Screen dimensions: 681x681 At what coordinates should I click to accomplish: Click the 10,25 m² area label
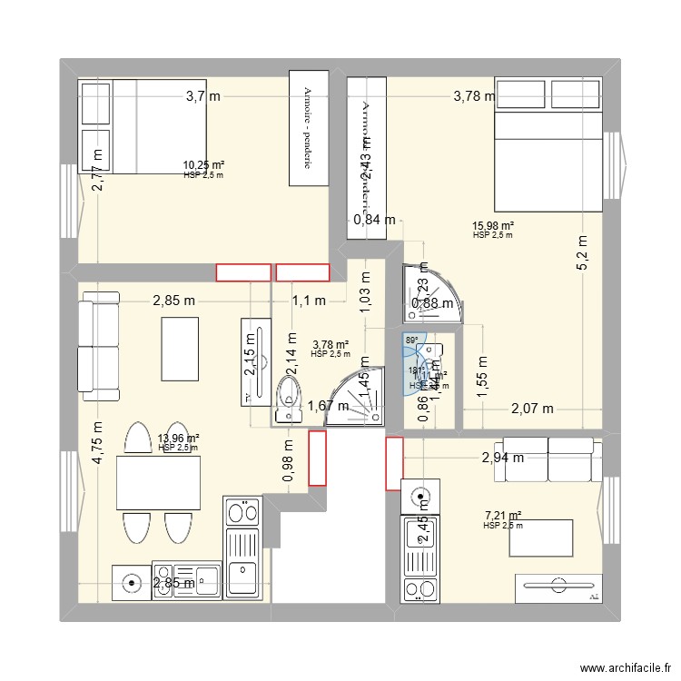(x=203, y=165)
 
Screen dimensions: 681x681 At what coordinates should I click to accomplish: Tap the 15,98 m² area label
(x=493, y=226)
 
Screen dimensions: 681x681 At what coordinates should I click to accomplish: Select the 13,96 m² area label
(x=178, y=439)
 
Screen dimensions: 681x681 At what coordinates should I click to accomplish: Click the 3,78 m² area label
(x=331, y=345)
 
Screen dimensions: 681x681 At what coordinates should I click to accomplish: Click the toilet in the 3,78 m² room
(x=289, y=399)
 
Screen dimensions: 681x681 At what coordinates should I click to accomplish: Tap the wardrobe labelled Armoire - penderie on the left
(x=308, y=128)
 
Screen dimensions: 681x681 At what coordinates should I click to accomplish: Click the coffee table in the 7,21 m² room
(x=541, y=538)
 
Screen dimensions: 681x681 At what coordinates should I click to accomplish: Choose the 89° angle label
(x=411, y=341)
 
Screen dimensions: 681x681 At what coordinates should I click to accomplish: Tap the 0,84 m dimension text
(x=375, y=219)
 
